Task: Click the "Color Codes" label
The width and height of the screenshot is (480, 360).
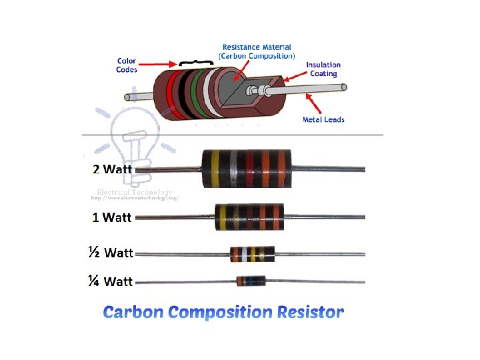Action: pos(127,65)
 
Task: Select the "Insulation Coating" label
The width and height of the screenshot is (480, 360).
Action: pos(323,69)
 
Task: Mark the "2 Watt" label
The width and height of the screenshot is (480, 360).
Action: pos(113,169)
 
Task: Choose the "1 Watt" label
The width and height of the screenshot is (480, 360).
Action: pos(113,217)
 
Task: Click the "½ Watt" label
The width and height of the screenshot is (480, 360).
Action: pos(111,253)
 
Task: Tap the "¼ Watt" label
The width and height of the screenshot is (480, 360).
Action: pos(111,281)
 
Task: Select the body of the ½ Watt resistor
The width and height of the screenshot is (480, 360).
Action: pos(252,254)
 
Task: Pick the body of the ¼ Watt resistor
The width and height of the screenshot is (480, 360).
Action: pos(251,281)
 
